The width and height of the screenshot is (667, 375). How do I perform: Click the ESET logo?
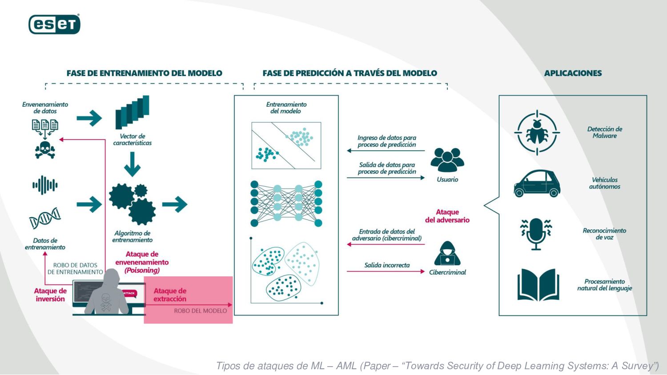coord(54,24)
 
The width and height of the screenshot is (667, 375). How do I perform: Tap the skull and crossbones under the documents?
coord(45,149)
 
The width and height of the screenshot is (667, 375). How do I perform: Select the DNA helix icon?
coord(45,218)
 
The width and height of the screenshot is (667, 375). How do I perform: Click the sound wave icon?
coord(45,185)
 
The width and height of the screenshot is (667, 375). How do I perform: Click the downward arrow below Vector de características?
coord(132,164)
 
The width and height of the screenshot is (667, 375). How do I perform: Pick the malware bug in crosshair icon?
coord(537,132)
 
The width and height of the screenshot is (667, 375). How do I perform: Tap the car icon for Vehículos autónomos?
coord(537,183)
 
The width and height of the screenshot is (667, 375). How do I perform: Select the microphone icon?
coord(536,234)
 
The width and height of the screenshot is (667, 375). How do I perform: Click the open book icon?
coord(538,285)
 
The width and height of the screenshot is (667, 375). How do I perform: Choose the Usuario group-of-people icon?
coord(447,160)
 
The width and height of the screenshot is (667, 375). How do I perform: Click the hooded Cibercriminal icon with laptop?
coord(447,254)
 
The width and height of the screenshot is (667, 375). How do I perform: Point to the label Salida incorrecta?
coord(387,265)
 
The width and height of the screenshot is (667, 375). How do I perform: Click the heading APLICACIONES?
coord(573,73)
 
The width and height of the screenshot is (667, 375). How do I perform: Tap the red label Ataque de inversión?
coord(50,295)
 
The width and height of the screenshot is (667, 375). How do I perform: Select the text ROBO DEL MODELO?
coord(200,311)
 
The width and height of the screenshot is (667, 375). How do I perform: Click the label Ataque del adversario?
coord(447,216)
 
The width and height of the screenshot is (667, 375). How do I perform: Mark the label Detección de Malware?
coord(605,132)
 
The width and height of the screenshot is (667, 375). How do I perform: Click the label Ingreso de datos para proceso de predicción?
coord(387,141)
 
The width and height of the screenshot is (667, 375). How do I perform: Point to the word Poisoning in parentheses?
coord(142,270)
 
